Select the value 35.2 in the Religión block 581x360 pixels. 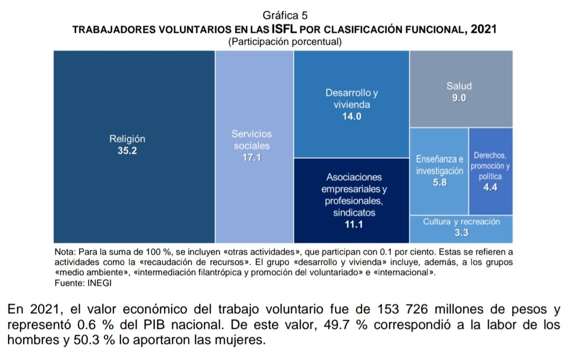127,151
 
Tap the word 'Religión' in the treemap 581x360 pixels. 127,139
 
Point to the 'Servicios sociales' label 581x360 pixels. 252,139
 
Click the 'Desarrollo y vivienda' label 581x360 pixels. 351,98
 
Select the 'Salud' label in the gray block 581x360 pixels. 459,86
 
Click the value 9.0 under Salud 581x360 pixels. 459,98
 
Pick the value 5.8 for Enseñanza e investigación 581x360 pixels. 439,183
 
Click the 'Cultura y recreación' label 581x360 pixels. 462,222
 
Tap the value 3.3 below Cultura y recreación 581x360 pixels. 462,233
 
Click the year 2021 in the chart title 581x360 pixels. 483,29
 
